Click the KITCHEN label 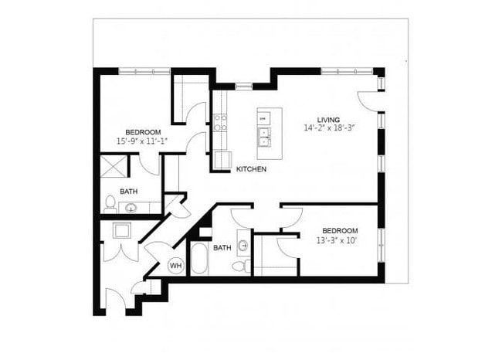252,168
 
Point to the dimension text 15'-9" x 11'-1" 142,141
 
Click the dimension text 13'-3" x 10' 340,241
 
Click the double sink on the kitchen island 264,137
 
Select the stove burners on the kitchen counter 219,121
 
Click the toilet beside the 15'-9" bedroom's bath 110,205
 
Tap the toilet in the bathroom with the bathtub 239,266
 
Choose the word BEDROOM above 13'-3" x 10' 340,231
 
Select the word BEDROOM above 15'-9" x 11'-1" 143,131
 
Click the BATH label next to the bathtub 222,248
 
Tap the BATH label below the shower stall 129,191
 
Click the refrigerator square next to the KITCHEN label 223,160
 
